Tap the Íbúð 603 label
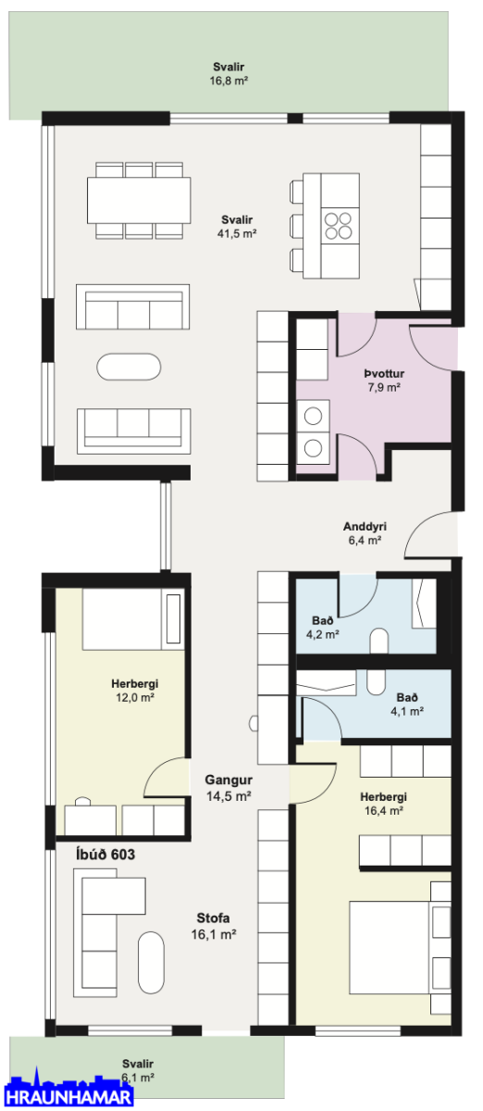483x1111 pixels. pos(105,854)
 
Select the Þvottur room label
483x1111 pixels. pos(384,373)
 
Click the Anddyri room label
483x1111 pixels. pos(365,526)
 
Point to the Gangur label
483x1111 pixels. pos(229,780)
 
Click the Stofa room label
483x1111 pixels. pos(213,918)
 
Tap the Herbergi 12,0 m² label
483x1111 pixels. pos(134,691)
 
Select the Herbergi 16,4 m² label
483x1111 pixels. pos(383,804)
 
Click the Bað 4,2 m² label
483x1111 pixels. pos(323,627)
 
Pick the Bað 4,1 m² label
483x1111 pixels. pos(407,705)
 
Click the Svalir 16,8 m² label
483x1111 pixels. pos(229,73)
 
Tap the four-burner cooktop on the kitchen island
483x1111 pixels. pos(338,225)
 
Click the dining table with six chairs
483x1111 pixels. pos(139,200)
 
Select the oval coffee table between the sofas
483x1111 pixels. pos(129,367)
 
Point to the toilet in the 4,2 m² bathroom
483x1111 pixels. pos(379,641)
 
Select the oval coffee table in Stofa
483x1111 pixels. pos(151,962)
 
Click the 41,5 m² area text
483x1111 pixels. pos(237,233)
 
